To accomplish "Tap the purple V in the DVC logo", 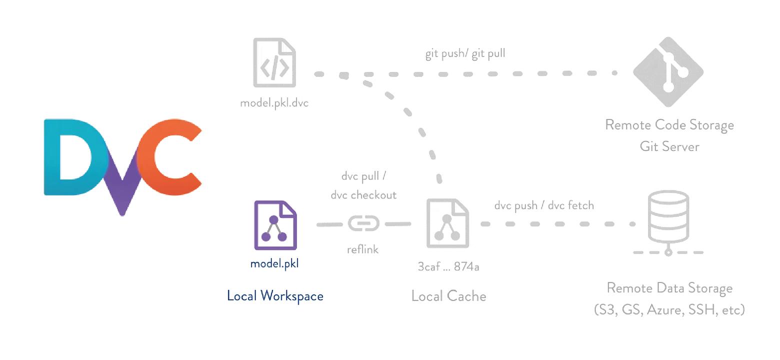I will pos(121,192).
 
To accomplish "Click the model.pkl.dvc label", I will pos(274,103).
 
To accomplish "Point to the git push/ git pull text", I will pos(465,53).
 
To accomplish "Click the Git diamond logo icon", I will pos(668,71).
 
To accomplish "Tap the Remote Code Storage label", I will pos(669,124).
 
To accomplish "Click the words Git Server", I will pos(669,146).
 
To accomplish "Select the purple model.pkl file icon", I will pos(275,225).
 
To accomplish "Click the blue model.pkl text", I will pos(274,263).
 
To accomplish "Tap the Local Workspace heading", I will pos(275,295).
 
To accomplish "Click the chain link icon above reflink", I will pos(363,223).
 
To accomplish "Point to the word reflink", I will pos(363,249).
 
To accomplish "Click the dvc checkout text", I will pos(363,195).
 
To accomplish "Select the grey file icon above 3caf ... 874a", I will pos(447,223).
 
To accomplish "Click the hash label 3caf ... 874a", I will pos(448,266).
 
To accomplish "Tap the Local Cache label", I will pos(448,296).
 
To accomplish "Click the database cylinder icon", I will pos(668,217).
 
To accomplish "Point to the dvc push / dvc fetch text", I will pos(544,205).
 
